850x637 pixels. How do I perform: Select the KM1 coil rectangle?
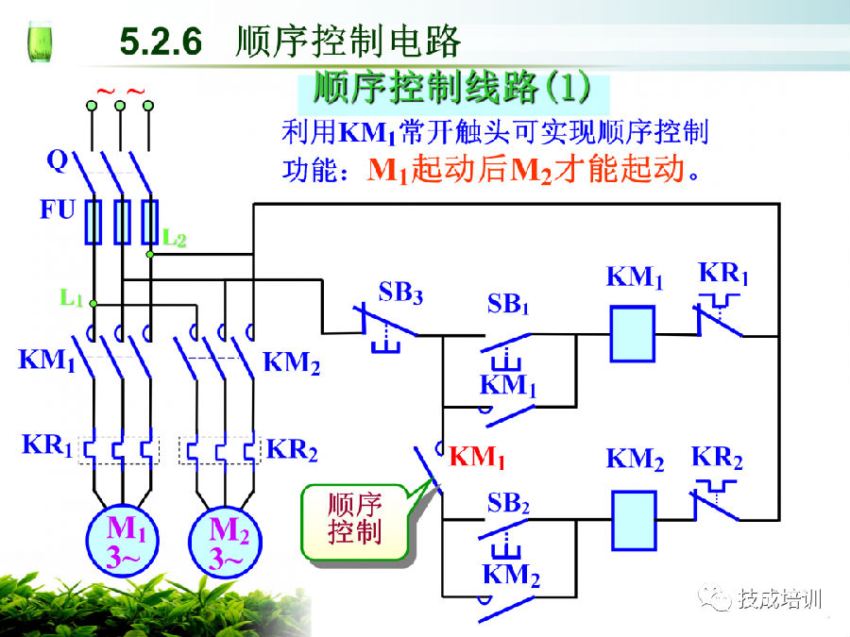pos(633,334)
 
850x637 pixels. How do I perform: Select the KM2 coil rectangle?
pos(633,520)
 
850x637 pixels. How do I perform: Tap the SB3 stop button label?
pos(400,293)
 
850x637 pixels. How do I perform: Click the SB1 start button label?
pos(508,305)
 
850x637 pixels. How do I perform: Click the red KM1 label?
pos(478,458)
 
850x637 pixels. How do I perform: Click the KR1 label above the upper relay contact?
pos(723,276)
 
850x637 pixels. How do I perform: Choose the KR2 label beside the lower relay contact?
pos(717,460)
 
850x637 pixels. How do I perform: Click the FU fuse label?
pos(57,210)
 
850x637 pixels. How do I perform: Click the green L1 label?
pos(72,299)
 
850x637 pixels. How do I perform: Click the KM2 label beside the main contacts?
pos(292,361)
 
